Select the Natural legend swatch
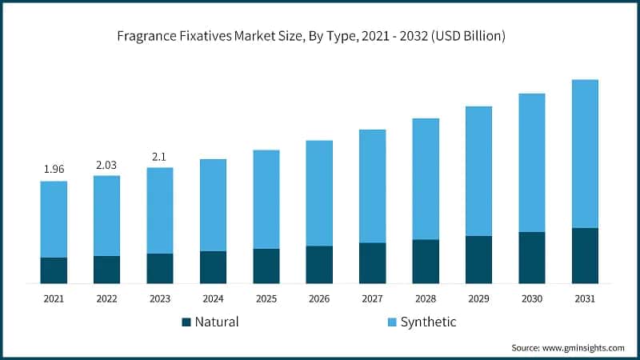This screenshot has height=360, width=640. pyautogui.click(x=187, y=322)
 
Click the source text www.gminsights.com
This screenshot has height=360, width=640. pyautogui.click(x=567, y=348)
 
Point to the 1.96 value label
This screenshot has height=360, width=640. pyautogui.click(x=54, y=169)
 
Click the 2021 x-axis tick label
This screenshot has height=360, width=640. pyautogui.click(x=54, y=298)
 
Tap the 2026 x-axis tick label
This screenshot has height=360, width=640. pyautogui.click(x=319, y=298)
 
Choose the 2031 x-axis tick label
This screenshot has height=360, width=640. pyautogui.click(x=585, y=298)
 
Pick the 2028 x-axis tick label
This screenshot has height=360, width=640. pyautogui.click(x=426, y=298)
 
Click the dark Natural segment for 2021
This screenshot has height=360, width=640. pyautogui.click(x=54, y=270)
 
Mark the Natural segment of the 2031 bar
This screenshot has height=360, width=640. pyautogui.click(x=585, y=255)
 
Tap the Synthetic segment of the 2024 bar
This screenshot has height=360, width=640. pyautogui.click(x=213, y=205)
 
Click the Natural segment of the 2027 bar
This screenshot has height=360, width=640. pyautogui.click(x=372, y=263)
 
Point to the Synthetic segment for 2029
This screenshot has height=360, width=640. pyautogui.click(x=478, y=170)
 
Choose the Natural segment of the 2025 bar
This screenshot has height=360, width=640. pyautogui.click(x=266, y=266)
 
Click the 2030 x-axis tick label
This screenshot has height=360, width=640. pyautogui.click(x=532, y=298)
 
